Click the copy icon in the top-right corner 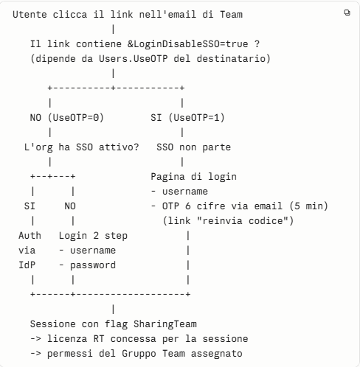click(x=347, y=13)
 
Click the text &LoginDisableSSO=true click(x=188, y=44)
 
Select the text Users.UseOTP click(x=134, y=59)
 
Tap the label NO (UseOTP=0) click(x=67, y=118)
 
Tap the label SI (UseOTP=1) click(x=187, y=118)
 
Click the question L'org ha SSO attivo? click(x=81, y=147)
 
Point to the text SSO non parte click(x=194, y=147)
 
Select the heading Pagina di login click(x=194, y=177)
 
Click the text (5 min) click(x=308, y=206)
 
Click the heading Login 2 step click(x=93, y=236)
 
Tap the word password click(x=93, y=265)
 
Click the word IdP click(x=27, y=265)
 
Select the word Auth click(x=30, y=236)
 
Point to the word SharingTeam click(x=165, y=324)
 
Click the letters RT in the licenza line click(x=99, y=339)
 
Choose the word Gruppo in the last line click(x=139, y=354)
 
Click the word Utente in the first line click(x=30, y=15)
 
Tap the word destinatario click(x=234, y=59)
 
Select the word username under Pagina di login click(x=185, y=192)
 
